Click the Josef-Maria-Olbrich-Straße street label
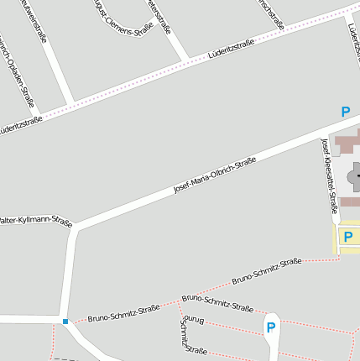click(x=214, y=175)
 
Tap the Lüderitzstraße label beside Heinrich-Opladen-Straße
click(x=20, y=125)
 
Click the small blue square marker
click(x=65, y=321)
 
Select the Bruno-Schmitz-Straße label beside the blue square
click(x=123, y=312)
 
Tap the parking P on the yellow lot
click(x=347, y=237)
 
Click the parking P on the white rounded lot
click(x=270, y=327)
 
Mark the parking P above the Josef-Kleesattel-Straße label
click(x=345, y=112)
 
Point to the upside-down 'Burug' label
click(x=194, y=319)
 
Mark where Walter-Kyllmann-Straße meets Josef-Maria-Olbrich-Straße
click(x=76, y=228)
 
